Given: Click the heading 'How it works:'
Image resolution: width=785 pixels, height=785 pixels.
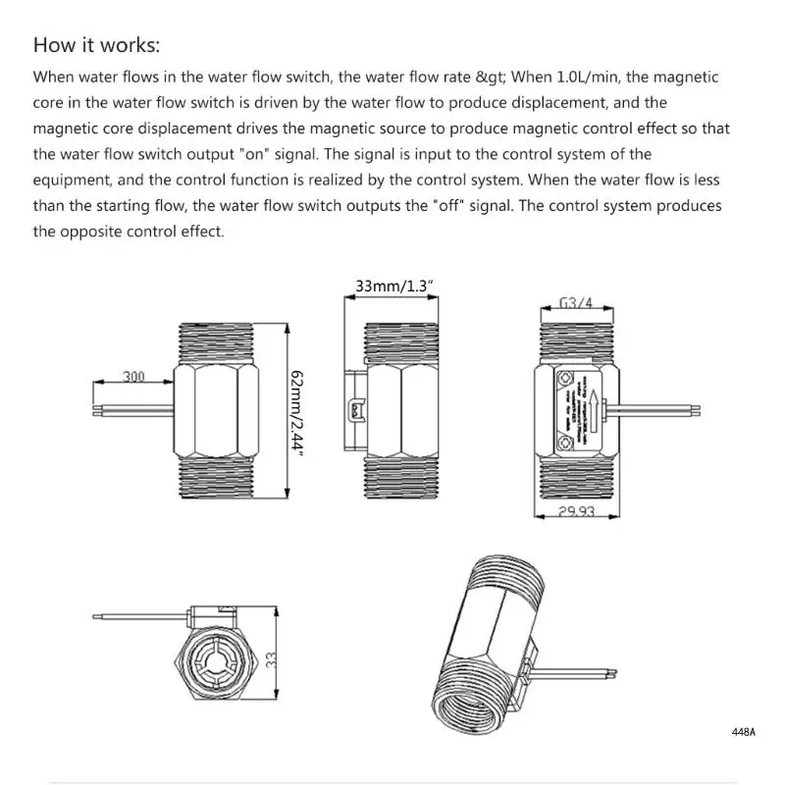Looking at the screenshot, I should coord(96,45).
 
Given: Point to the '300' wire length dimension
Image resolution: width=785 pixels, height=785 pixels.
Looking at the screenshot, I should coord(133,375).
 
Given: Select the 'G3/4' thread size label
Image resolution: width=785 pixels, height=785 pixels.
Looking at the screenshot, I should coord(575,302).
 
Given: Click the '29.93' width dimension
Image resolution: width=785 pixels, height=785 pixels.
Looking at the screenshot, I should coord(578,512).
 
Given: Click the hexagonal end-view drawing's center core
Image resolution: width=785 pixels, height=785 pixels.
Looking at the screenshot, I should coord(216,657).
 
